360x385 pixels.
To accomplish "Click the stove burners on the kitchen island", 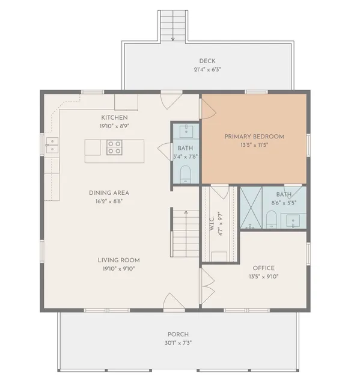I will [x=115, y=147].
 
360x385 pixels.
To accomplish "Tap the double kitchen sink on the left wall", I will [x=51, y=144].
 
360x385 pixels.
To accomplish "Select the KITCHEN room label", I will [x=114, y=117].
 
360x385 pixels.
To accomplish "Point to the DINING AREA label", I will [x=109, y=193].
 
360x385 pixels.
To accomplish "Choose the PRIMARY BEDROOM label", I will [x=254, y=137].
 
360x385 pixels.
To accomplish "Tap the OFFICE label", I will [x=263, y=268].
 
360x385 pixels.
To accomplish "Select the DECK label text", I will [x=207, y=61].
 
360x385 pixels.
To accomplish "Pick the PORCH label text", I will [x=178, y=334].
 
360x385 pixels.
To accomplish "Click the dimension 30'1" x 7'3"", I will [x=178, y=343].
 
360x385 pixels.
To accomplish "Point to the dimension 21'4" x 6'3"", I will [x=207, y=69].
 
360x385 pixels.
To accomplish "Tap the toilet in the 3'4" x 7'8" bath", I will [x=186, y=174].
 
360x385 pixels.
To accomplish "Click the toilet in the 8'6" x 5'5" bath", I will [x=272, y=223].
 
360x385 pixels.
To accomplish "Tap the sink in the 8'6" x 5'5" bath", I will [x=294, y=222].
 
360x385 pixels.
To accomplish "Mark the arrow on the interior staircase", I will [x=186, y=212].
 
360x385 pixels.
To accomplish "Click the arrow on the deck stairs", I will [x=173, y=38].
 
